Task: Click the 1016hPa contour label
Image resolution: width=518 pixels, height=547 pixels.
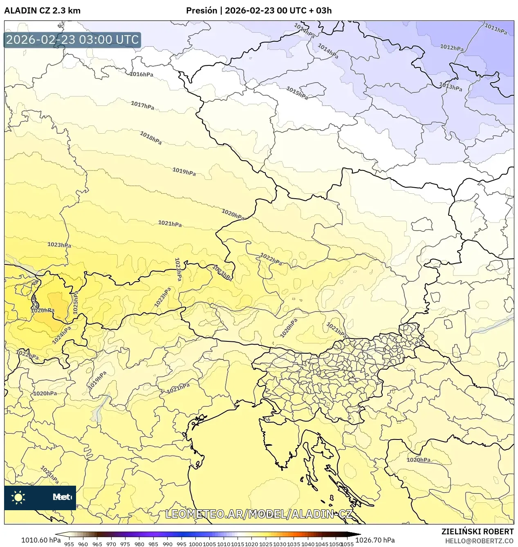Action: point(141,74)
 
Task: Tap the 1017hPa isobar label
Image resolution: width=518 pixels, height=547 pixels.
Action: point(142,105)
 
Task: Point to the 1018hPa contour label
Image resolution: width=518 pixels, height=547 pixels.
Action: point(150,138)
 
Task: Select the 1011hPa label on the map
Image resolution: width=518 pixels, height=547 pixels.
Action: point(496,29)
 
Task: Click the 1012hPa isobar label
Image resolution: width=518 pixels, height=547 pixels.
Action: point(452,48)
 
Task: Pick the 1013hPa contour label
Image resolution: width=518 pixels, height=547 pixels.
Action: point(451,87)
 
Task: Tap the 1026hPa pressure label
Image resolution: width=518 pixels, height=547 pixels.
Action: point(43,310)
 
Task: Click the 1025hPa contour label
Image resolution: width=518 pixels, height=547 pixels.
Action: point(76,303)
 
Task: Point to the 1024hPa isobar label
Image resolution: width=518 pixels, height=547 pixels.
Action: point(62,335)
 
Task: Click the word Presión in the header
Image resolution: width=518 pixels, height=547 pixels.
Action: point(202,11)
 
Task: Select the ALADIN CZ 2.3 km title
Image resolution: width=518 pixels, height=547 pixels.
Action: point(42,11)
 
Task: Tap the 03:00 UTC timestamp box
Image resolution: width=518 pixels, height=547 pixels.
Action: point(72,40)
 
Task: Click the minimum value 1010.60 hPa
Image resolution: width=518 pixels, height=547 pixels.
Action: point(41,540)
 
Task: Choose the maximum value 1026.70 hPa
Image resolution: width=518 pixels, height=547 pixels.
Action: point(375,540)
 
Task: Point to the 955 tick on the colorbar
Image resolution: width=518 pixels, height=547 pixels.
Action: point(69,544)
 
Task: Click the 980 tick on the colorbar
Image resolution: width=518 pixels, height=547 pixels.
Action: point(139,544)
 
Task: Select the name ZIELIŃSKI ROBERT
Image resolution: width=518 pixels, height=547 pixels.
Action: point(477,531)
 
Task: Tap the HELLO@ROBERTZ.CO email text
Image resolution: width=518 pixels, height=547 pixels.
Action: point(479,541)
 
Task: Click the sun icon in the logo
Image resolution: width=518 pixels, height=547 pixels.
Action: point(18,497)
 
